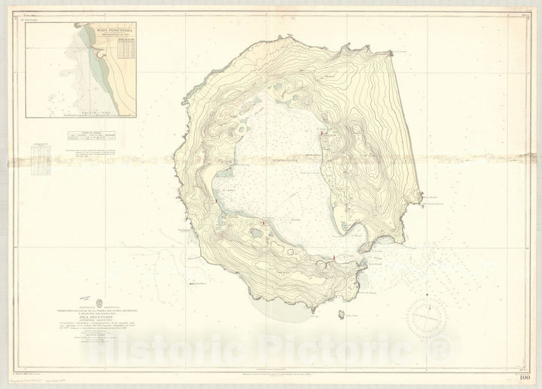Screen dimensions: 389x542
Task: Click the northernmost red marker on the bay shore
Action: click(322, 134)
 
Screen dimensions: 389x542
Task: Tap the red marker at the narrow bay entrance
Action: click(334, 259)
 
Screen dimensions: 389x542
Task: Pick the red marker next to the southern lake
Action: click(263, 223)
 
